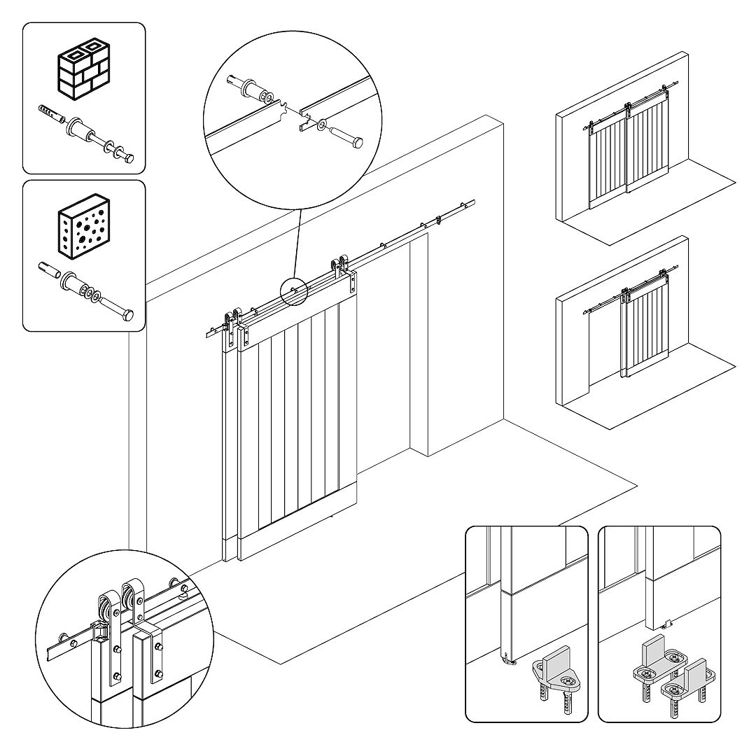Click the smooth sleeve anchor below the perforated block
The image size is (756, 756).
[x=50, y=270]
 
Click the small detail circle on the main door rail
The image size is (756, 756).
[x=294, y=291]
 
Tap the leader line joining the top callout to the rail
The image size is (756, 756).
[x=296, y=245]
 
